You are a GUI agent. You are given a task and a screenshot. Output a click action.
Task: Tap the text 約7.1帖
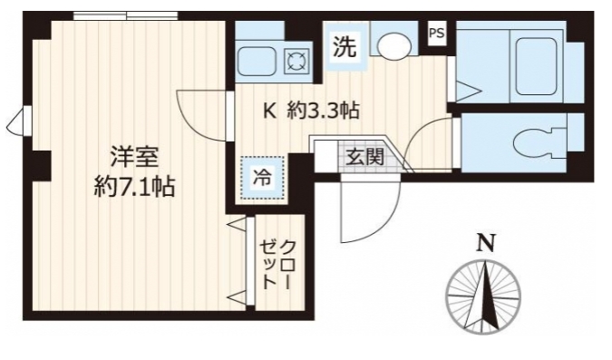tap(134, 188)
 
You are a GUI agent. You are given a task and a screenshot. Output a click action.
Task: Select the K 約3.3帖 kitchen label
tap(311, 112)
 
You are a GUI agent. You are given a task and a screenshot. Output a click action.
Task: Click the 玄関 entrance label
tap(364, 155)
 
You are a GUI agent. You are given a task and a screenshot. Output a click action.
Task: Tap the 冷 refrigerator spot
tap(262, 177)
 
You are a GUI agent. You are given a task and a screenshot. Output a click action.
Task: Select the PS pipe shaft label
tap(436, 33)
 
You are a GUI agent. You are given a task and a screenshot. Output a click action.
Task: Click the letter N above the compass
tap(487, 243)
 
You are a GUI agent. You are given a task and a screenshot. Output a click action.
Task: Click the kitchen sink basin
tap(259, 62)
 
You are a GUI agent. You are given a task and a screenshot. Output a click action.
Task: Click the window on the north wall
tap(112, 15)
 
